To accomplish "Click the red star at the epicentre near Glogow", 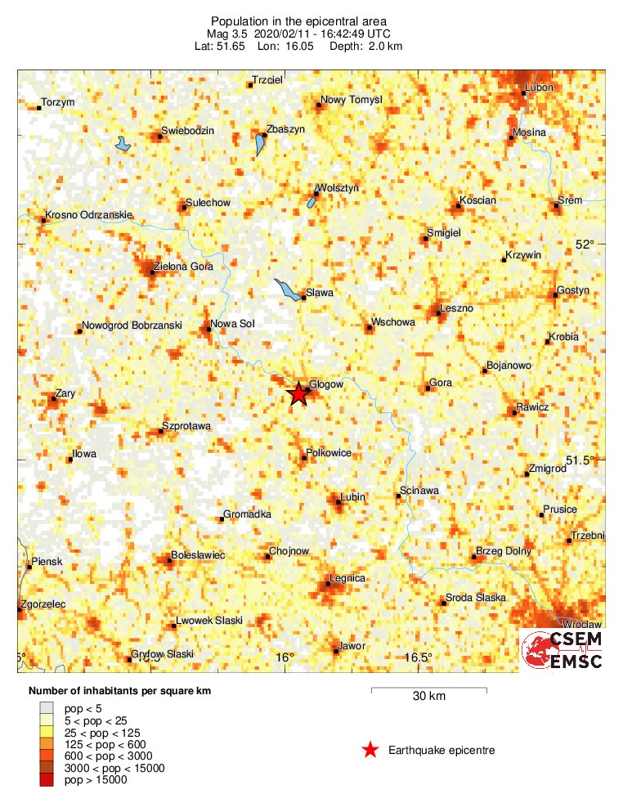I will coord(298,394).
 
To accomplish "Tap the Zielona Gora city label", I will coord(185,267).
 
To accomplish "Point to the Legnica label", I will coord(347,578).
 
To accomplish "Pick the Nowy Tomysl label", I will coord(352,100).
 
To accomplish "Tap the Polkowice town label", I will coord(329,452).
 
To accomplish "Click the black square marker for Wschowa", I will coord(369,327).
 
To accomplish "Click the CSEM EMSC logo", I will coord(562,650).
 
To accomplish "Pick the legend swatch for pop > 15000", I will coord(47,780).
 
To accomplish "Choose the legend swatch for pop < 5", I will coord(47,707).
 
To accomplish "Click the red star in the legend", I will coord(371,749).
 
